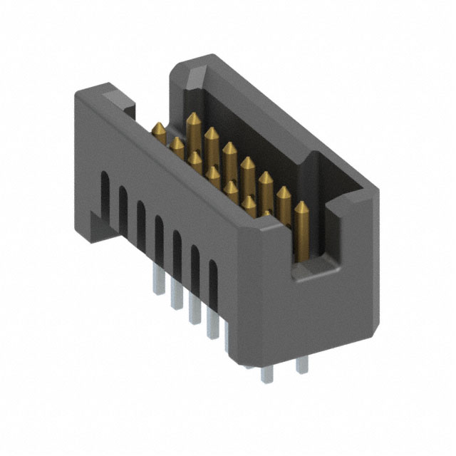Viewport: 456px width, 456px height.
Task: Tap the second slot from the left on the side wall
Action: point(123,206)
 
